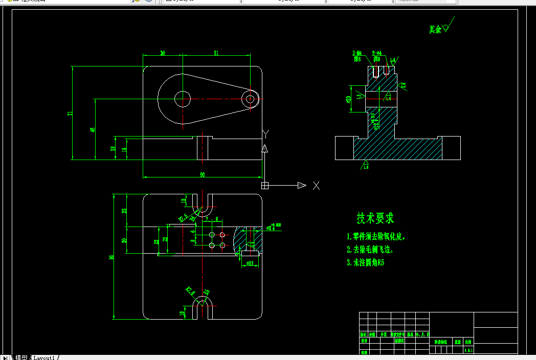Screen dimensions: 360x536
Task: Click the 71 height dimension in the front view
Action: point(70,113)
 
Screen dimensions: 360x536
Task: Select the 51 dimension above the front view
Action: point(216,53)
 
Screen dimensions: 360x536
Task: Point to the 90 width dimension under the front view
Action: point(202,175)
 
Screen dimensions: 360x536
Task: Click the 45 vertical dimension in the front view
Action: point(93,130)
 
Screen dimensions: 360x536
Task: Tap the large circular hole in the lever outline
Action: point(182,99)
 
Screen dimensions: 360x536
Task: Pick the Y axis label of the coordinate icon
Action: point(265,134)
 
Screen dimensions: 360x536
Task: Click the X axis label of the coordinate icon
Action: point(316,186)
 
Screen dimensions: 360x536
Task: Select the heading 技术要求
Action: point(375,218)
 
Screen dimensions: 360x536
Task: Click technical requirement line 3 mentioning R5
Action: point(365,263)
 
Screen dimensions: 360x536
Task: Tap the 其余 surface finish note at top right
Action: point(435,30)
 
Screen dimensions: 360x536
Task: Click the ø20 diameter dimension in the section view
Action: point(348,99)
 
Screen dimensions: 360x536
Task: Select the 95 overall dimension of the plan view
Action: point(111,257)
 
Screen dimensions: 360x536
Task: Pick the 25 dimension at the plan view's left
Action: point(124,210)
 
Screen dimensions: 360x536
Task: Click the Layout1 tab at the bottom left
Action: point(44,357)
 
